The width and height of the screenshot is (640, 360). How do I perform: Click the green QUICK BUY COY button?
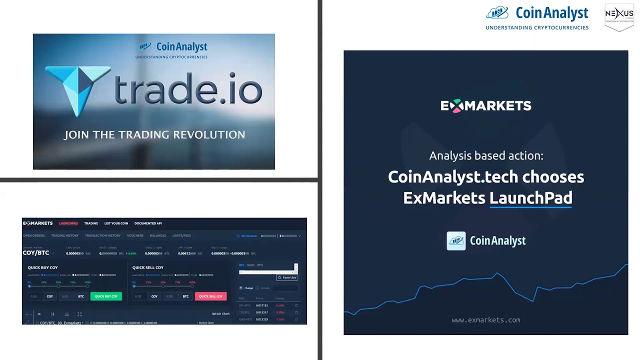pyautogui.click(x=106, y=296)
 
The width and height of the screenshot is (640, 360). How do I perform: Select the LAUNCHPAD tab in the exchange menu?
pyautogui.click(x=68, y=223)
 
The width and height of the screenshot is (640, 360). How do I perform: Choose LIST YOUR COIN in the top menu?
pyautogui.click(x=116, y=223)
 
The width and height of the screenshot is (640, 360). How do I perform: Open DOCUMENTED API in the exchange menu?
pyautogui.click(x=148, y=223)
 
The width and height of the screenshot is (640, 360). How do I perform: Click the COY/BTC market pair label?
pyautogui.click(x=36, y=253)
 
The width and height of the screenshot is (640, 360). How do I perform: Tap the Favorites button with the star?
pyautogui.click(x=287, y=277)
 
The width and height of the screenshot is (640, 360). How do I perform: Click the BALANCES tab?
pyautogui.click(x=158, y=235)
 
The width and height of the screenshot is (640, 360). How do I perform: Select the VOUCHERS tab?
pyautogui.click(x=135, y=235)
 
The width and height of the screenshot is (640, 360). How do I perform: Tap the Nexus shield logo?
pyautogui.click(x=619, y=17)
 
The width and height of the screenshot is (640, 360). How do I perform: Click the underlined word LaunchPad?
pyautogui.click(x=530, y=198)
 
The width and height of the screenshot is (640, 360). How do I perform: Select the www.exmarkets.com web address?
pyautogui.click(x=485, y=320)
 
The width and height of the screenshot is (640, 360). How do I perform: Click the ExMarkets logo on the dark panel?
pyautogui.click(x=485, y=105)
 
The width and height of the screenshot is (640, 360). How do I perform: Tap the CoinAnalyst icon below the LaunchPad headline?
pyautogui.click(x=456, y=241)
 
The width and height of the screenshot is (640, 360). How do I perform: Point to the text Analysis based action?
pyautogui.click(x=485, y=155)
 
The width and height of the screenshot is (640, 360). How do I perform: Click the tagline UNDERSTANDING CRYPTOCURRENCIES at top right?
pyautogui.click(x=537, y=28)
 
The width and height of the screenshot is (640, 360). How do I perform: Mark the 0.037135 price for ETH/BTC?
pyautogui.click(x=262, y=305)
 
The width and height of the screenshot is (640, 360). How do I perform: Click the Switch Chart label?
pyautogui.click(x=220, y=314)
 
